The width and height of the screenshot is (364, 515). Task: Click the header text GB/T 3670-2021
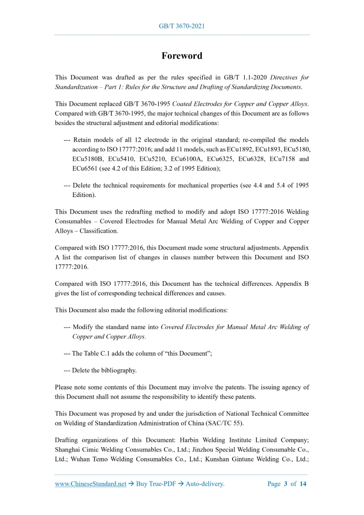point(181,26)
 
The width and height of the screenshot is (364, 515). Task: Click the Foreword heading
point(182,56)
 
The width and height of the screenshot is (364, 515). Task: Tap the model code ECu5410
point(123,159)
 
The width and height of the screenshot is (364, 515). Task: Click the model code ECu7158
point(282,159)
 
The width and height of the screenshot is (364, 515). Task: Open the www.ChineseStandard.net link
point(90,484)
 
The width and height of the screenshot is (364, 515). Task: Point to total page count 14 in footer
point(303,484)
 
